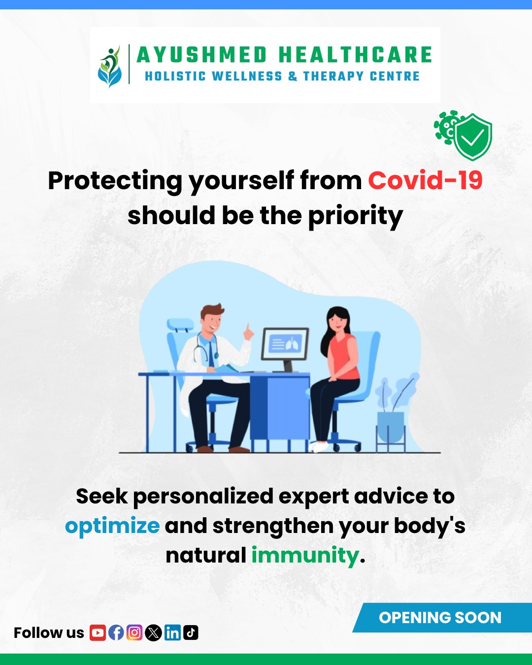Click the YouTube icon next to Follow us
(98, 632)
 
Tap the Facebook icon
(116, 632)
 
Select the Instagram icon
(134, 632)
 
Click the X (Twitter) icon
(153, 632)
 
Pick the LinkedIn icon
(172, 632)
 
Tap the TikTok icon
(191, 632)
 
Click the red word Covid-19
(425, 180)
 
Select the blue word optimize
(112, 526)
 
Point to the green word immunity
(305, 555)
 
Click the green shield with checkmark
(473, 137)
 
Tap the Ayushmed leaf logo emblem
(110, 66)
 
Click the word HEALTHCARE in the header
(355, 55)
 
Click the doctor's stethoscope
(205, 348)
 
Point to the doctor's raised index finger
(247, 328)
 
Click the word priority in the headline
(356, 216)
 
